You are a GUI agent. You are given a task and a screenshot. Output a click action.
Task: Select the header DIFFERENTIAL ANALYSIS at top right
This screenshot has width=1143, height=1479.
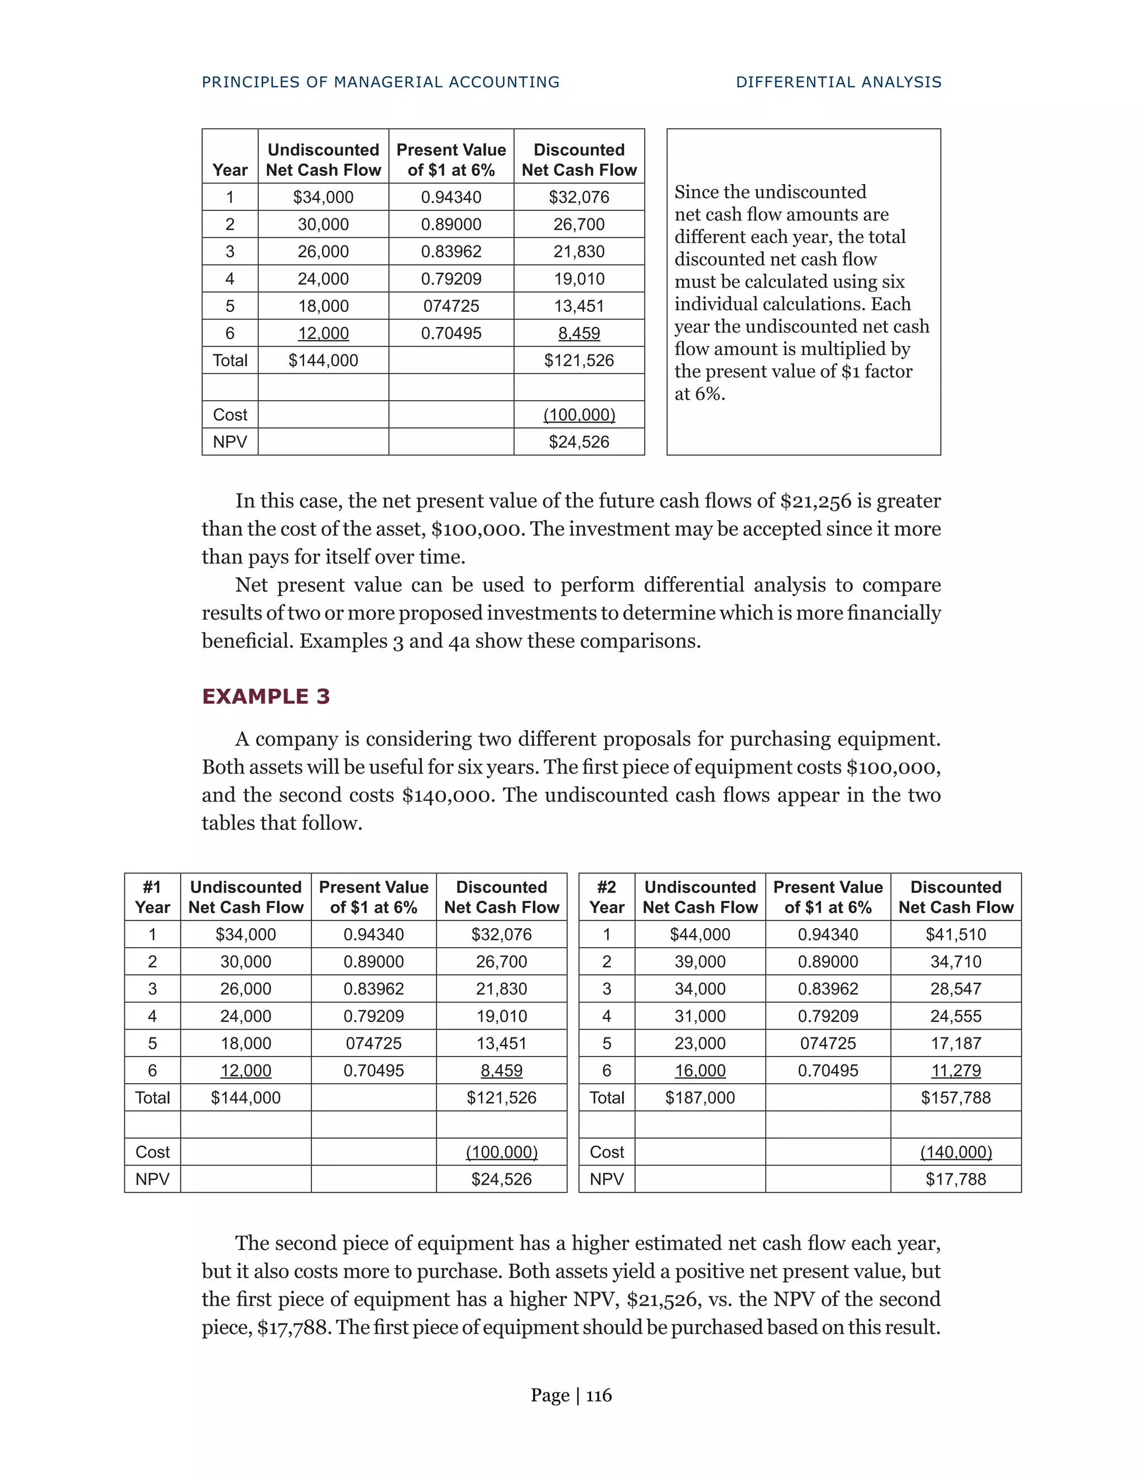838,82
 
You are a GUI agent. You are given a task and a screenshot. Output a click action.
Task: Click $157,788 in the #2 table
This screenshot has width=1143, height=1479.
955,1097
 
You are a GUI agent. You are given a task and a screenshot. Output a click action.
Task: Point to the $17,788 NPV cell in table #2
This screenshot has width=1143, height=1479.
955,1179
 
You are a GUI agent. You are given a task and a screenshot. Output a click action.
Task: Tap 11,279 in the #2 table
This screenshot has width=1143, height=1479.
955,1070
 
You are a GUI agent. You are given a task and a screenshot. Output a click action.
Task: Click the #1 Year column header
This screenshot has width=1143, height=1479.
152,897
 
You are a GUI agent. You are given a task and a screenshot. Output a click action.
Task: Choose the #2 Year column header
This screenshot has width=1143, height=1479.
607,897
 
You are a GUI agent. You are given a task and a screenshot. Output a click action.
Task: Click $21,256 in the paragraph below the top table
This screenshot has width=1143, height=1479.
815,501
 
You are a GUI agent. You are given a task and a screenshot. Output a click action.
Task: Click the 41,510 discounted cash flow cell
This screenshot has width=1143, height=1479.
955,934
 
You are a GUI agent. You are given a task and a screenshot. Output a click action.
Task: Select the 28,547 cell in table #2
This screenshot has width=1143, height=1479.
955,989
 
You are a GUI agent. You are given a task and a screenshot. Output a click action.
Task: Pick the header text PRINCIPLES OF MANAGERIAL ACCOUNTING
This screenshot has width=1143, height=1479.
381,82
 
